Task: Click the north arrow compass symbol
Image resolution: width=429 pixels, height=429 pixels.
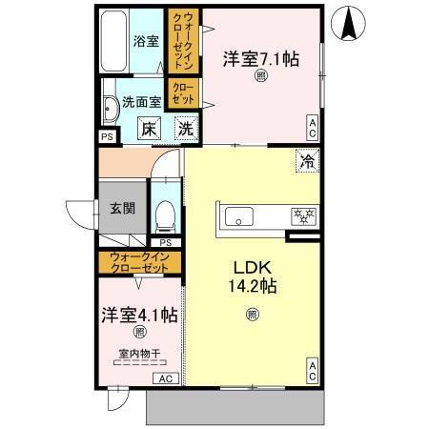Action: [x=352, y=23]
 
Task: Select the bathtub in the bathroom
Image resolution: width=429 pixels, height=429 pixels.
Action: [x=113, y=42]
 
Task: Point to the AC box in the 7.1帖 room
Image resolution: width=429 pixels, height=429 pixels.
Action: [x=312, y=121]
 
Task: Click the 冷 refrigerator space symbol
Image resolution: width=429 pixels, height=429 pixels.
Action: [x=307, y=161]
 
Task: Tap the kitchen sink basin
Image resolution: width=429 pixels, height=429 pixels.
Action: [x=236, y=216]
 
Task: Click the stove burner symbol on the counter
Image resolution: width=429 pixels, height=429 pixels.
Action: [x=304, y=216]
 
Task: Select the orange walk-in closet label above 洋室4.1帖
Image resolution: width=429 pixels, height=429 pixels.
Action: [x=140, y=262]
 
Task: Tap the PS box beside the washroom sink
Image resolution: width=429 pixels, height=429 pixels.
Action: [x=106, y=135]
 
